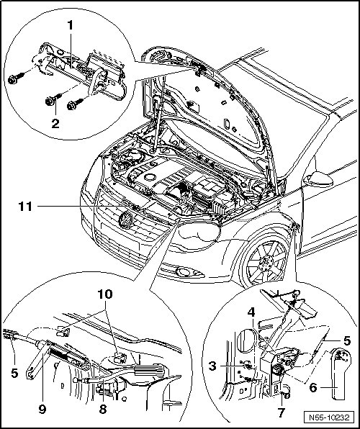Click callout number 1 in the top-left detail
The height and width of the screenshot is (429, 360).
click(71, 25)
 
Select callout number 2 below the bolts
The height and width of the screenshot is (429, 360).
click(55, 124)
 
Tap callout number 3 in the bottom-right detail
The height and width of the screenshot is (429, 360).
click(212, 366)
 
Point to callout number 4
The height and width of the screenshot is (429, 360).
click(251, 312)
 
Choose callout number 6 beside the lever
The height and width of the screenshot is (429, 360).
click(313, 387)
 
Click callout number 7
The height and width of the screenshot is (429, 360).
click(281, 412)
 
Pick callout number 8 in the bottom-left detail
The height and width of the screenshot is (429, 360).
click(103, 409)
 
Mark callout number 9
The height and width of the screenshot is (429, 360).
click(42, 409)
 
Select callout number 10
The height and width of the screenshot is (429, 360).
click(105, 294)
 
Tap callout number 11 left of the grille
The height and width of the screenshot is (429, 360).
click(25, 207)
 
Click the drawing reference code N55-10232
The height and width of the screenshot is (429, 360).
click(329, 417)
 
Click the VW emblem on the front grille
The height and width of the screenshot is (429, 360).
click(126, 219)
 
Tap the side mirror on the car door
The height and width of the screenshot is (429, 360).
click(318, 179)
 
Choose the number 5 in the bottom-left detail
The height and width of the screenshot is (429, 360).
click(14, 372)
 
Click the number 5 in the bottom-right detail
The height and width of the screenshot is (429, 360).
click(347, 340)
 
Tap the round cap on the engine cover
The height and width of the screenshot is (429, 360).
click(150, 177)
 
